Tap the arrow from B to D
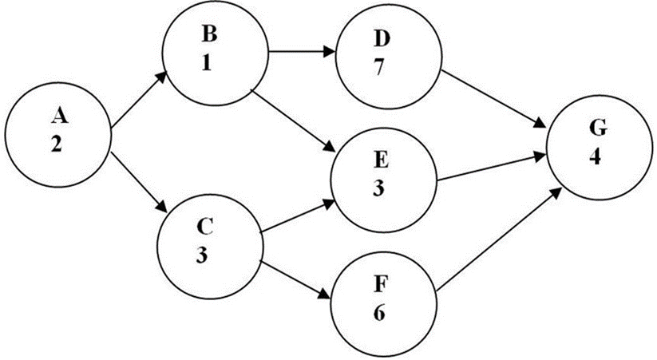301,53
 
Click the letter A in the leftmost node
57,117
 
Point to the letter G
595,129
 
